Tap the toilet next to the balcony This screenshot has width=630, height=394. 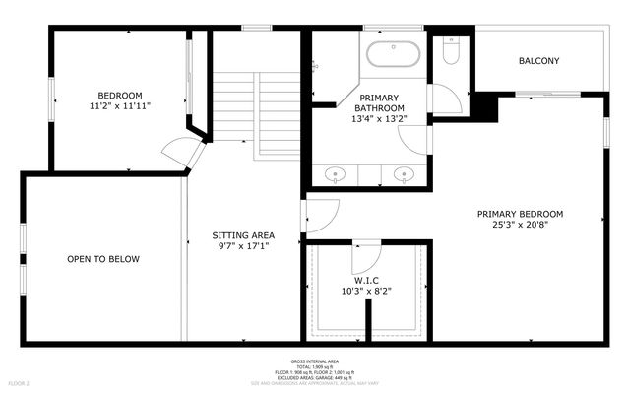click(450, 50)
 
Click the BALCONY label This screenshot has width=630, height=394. click(538, 61)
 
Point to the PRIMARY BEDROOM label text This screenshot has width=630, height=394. click(520, 214)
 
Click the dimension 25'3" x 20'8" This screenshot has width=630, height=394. click(520, 226)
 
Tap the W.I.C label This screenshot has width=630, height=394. click(366, 280)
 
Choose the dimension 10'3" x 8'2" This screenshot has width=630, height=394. click(366, 292)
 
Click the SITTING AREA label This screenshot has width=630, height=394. click(243, 235)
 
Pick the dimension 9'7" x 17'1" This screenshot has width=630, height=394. click(243, 247)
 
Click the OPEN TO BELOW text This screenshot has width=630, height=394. click(103, 259)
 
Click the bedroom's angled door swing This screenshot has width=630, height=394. click(181, 154)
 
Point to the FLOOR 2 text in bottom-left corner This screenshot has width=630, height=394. click(20, 382)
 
